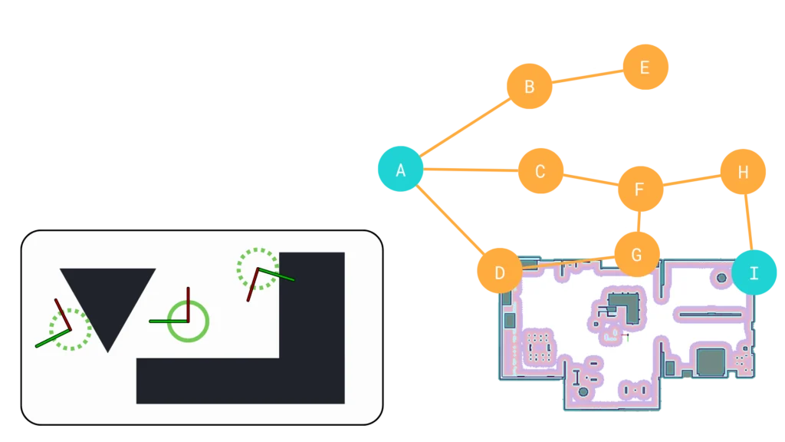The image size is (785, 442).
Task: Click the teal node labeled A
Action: pos(400,169)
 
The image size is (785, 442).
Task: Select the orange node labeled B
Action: pos(529,87)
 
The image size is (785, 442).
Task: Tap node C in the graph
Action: pos(540,171)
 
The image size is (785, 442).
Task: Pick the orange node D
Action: pos(499,272)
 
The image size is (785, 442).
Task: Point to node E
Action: pos(644,68)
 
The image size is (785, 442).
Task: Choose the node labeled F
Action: pos(639,189)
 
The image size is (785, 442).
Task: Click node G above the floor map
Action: pos(637,253)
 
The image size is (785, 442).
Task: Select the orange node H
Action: pos(742,172)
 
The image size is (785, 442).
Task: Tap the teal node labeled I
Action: pos(754,272)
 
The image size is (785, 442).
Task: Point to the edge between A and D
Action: pos(450,221)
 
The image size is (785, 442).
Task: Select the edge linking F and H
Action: pos(691,180)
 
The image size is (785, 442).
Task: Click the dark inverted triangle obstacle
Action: pos(108,299)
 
